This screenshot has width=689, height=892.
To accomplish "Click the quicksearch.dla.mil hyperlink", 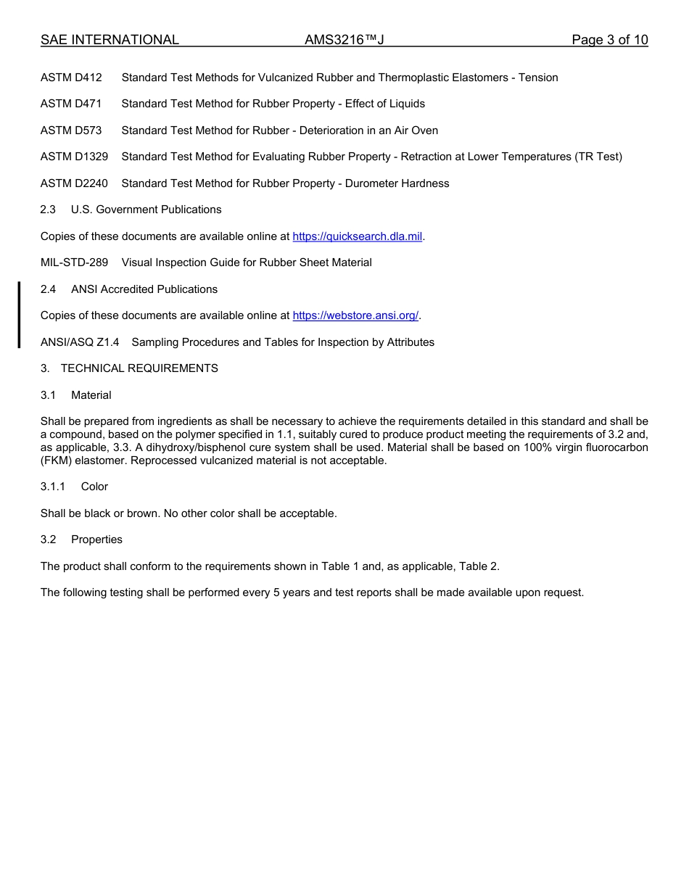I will click(357, 236).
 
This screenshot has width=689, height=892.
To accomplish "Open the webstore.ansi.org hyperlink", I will click(355, 315).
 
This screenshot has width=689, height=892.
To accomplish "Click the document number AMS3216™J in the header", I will click(344, 41).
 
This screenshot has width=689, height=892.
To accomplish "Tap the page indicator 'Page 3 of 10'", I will click(609, 41).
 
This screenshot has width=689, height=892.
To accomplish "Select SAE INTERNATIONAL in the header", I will click(110, 41).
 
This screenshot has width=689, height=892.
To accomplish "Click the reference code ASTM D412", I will click(71, 78).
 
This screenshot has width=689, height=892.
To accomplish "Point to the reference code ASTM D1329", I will click(74, 157).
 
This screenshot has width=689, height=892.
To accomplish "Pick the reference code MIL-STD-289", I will click(74, 263).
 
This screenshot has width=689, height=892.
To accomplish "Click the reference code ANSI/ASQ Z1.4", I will click(80, 342).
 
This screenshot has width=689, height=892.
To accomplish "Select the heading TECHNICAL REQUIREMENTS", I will click(139, 368).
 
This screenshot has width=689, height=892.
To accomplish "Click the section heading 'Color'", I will click(94, 487).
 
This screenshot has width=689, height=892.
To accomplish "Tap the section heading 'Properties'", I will click(96, 540).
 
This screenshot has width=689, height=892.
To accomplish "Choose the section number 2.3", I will click(48, 210).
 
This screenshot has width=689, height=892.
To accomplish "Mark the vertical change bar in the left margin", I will click(19, 315).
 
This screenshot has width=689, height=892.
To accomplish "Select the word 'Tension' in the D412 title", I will click(538, 78).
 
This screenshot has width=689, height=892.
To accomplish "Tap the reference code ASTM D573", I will click(71, 131).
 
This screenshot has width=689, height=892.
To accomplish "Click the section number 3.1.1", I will click(52, 487).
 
